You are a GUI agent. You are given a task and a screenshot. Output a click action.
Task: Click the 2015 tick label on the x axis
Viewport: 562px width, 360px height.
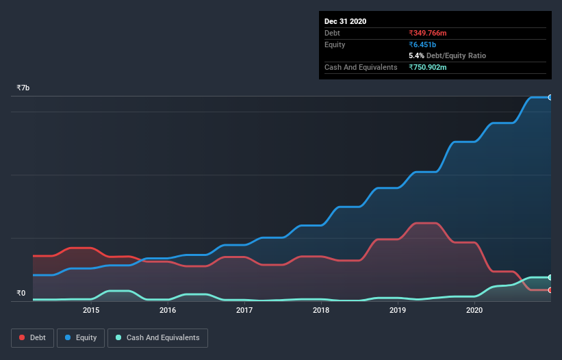tap(91, 310)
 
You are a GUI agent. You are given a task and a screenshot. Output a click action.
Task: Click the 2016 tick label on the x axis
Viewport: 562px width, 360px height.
tap(168, 310)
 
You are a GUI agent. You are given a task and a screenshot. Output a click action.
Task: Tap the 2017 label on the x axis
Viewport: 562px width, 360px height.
tap(244, 310)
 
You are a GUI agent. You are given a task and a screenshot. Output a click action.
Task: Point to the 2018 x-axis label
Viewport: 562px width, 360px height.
tap(321, 310)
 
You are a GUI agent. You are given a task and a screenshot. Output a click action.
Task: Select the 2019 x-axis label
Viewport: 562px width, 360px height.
tap(398, 310)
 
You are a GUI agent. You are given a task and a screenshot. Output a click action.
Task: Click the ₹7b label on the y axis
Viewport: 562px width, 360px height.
tap(23, 88)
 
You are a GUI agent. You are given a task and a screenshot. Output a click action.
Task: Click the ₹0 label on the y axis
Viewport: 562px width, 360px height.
tap(21, 294)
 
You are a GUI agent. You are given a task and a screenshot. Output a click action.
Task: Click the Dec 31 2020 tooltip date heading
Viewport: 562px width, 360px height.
tap(345, 21)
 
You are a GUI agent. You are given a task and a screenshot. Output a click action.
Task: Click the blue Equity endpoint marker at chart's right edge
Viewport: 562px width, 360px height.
tap(550, 97)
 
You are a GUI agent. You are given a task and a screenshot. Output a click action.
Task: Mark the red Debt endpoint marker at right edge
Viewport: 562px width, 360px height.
tap(550, 290)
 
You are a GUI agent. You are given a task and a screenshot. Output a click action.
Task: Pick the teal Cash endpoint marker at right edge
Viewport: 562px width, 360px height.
tap(550, 277)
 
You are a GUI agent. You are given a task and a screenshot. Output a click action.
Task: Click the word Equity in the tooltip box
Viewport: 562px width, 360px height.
tap(335, 44)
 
